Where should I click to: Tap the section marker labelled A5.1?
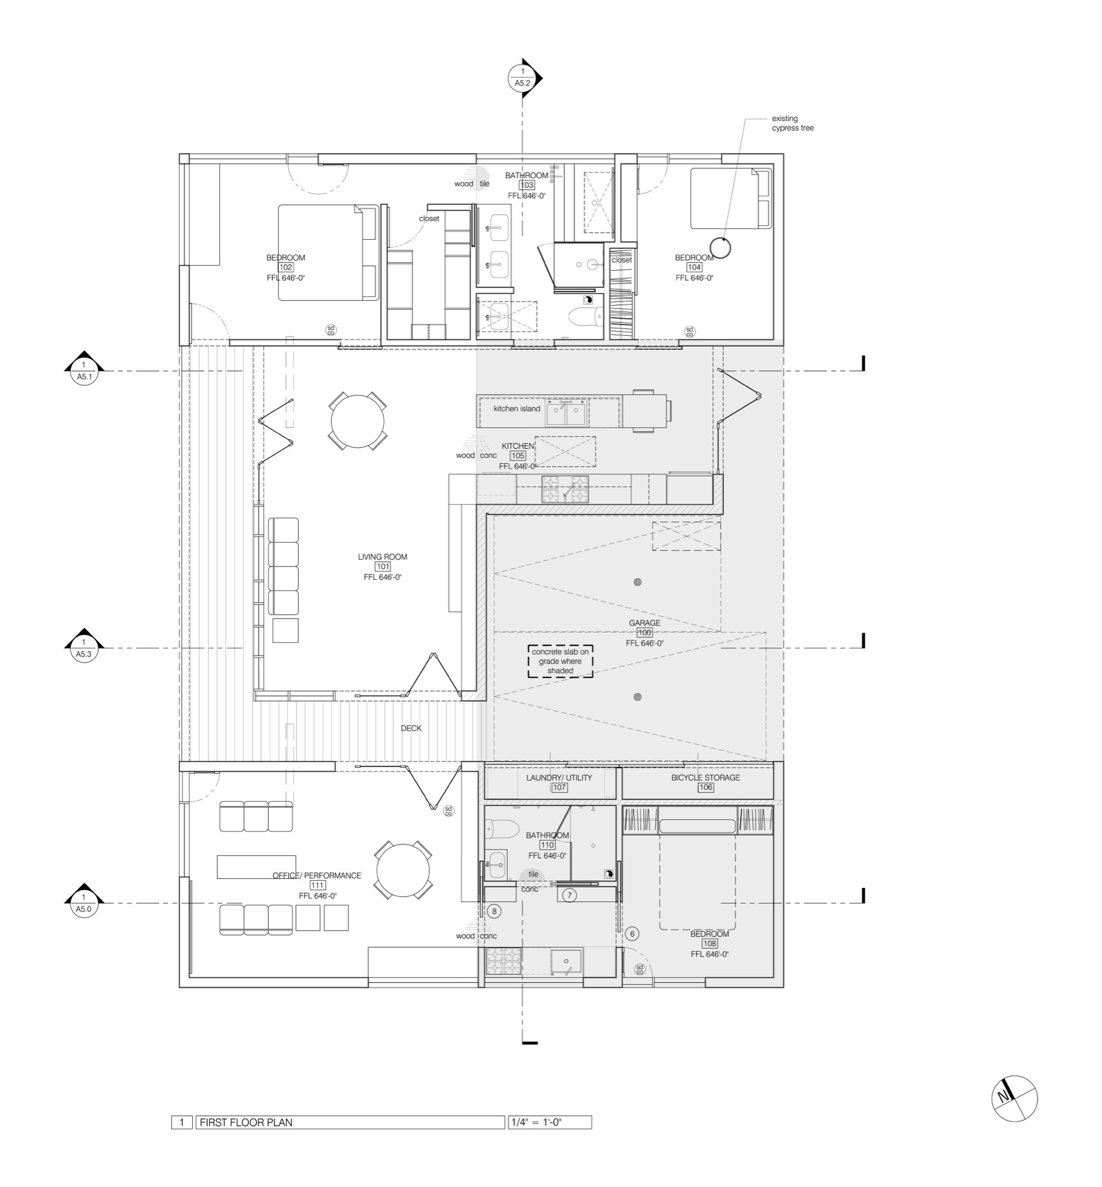(84, 370)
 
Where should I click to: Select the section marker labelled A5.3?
(84, 647)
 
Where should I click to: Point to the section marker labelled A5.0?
(84, 902)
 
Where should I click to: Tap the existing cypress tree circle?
(720, 247)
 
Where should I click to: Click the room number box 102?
(285, 267)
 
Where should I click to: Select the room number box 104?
(694, 267)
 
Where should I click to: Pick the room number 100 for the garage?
(644, 632)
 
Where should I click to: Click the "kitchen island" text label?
(516, 408)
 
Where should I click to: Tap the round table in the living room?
(357, 421)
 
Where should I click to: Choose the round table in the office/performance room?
(403, 871)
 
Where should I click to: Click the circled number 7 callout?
(570, 895)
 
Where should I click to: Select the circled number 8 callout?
(494, 911)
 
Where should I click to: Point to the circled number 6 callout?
(633, 934)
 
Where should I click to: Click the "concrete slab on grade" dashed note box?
(561, 661)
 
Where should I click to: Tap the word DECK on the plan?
(411, 728)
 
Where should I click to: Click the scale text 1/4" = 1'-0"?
(536, 1122)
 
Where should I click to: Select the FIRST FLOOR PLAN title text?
(246, 1122)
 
